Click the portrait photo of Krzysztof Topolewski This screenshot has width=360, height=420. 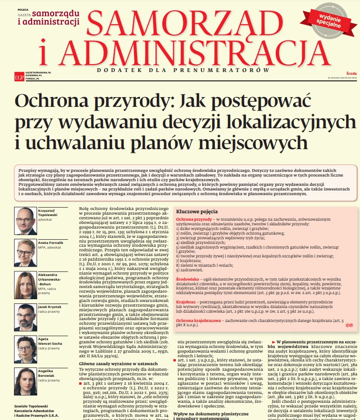(25, 220)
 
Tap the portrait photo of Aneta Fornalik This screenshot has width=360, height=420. (25, 252)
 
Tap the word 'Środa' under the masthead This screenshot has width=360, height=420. (352, 72)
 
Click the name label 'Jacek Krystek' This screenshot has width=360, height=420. (49, 307)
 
